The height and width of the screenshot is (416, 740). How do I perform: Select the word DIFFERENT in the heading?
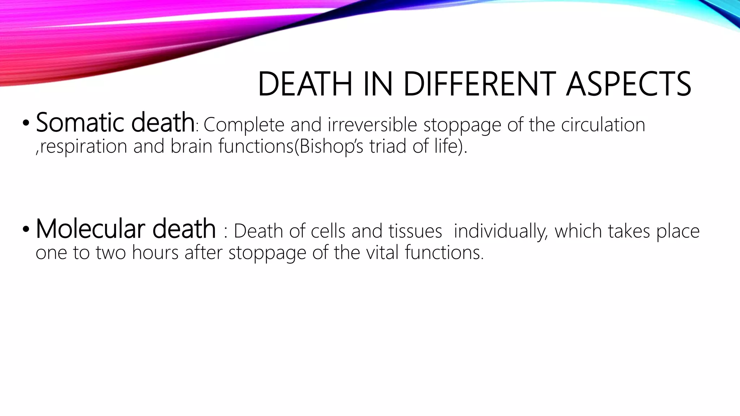click(x=479, y=84)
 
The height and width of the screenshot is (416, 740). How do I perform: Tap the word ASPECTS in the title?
click(x=628, y=84)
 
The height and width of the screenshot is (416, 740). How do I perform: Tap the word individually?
click(x=501, y=231)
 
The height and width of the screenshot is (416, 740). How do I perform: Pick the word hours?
click(x=155, y=252)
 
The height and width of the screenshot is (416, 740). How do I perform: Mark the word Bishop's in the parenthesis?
click(x=331, y=147)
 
